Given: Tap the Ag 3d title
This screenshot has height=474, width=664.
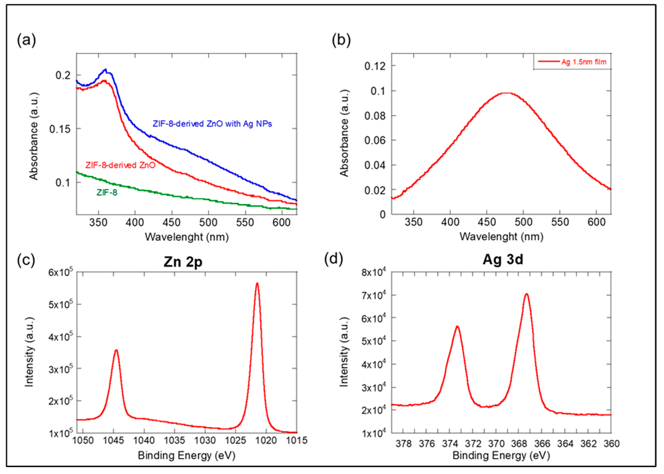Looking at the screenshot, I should tap(503, 259).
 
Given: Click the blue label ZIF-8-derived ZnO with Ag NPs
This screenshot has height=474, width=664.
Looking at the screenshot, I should tap(212, 124).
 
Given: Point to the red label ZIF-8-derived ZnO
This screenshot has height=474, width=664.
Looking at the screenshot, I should tap(120, 165).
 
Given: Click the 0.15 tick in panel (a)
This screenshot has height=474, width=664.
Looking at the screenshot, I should tap(60, 129).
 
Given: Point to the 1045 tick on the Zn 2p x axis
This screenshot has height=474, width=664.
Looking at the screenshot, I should tap(114, 440).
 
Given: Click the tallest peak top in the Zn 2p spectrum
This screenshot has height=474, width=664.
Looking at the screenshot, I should tap(257, 283).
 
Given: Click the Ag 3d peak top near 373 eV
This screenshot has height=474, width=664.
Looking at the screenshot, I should tap(457, 327).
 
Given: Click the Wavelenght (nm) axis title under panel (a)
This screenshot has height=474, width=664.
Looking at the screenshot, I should tap(187, 237).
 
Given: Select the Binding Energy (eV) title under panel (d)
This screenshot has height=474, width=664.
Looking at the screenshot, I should tap(501, 455).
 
